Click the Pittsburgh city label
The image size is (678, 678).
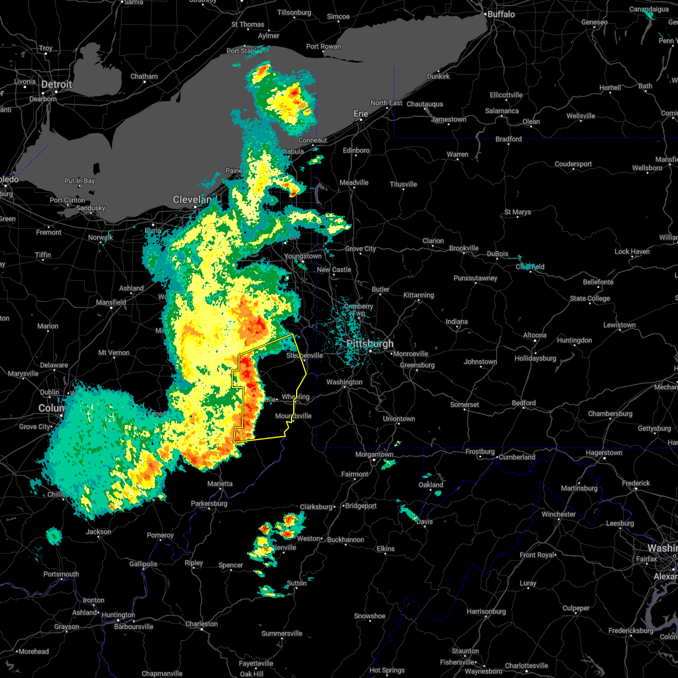[370, 344]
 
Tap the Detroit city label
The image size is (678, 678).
[56, 85]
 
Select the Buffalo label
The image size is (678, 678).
[501, 14]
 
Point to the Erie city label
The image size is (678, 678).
[361, 114]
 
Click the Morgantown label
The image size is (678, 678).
[375, 454]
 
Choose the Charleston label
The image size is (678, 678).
[202, 624]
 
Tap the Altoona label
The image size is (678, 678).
[534, 335]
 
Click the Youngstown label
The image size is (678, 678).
[303, 256]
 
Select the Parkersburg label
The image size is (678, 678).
[209, 503]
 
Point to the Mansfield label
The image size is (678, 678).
[111, 302]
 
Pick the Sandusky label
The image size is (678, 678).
[90, 208]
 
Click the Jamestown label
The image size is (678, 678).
[449, 119]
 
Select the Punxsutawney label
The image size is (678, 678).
[475, 278]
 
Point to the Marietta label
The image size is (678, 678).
[219, 484]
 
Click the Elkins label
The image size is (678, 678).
[386, 549]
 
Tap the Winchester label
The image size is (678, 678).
[559, 514]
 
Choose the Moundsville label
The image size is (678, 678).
[293, 416]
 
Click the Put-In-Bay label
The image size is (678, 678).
[80, 181]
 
